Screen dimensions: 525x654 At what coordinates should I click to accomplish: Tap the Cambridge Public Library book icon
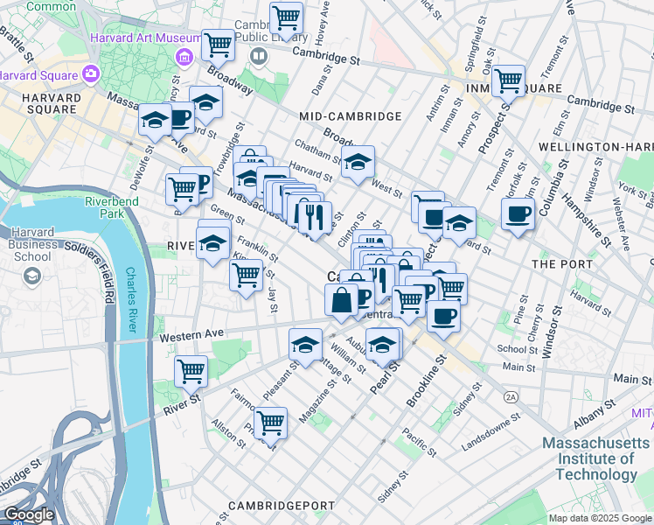coord(259,57)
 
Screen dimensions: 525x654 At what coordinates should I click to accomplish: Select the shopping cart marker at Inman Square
coord(508,81)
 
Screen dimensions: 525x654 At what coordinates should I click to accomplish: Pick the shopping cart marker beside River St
coord(191,370)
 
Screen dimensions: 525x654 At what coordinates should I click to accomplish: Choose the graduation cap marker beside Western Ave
coord(305,345)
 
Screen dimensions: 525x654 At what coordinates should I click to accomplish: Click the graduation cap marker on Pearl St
coord(383,344)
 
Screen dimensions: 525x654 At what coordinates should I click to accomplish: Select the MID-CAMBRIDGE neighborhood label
coord(350,116)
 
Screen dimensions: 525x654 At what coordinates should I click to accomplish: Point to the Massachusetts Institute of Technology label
coord(597,458)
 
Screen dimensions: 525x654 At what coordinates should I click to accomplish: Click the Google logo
coord(29,514)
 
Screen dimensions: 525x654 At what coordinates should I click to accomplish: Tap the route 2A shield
coord(511,396)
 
